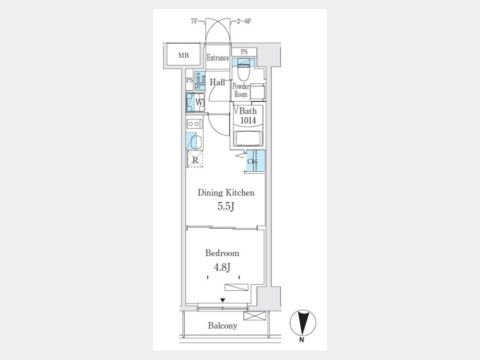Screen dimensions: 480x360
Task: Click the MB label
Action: [x=183, y=55]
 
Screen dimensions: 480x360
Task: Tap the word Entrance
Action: [x=218, y=58]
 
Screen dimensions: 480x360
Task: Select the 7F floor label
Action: [x=194, y=21]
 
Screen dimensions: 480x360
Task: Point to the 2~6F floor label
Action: [x=244, y=21]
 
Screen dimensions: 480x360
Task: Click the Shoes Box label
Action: [x=200, y=81]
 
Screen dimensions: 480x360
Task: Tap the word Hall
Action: [x=218, y=82]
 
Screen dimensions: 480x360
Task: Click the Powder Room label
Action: [x=241, y=90]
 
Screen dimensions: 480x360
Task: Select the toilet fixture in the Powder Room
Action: [x=244, y=69]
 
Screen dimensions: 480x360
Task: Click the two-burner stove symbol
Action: [x=194, y=124]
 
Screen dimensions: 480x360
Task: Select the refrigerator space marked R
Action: [x=195, y=159]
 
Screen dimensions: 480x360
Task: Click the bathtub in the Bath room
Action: [x=247, y=139]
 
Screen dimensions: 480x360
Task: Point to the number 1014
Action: [x=248, y=121]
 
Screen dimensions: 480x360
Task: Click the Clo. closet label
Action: [x=252, y=161]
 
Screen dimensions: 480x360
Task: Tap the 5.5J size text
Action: [x=226, y=206]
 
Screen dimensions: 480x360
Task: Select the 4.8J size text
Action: [x=222, y=268]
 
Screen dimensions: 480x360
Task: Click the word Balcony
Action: [x=222, y=326]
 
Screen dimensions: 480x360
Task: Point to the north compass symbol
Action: [x=303, y=323]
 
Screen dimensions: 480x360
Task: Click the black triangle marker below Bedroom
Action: [x=223, y=300]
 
